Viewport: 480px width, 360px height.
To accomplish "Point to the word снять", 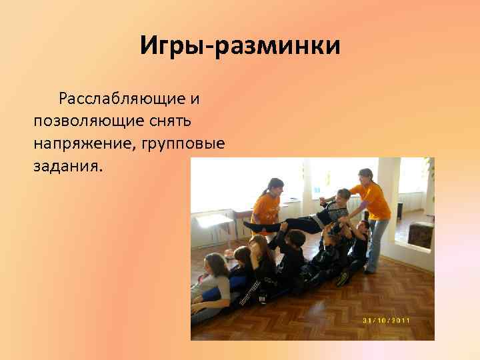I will click(173, 121).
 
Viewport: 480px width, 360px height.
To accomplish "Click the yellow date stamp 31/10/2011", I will click(387, 321).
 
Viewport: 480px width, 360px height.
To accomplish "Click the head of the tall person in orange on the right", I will click(366, 177).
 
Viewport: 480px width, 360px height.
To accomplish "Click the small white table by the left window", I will click(213, 221).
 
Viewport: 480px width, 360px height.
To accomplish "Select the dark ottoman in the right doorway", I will click(420, 234).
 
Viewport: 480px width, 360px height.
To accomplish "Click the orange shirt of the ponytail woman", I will click(266, 209).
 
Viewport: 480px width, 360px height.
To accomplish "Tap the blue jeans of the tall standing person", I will click(376, 243).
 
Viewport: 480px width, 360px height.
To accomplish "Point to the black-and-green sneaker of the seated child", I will click(343, 278).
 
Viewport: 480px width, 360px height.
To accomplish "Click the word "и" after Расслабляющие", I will click(195, 99).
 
